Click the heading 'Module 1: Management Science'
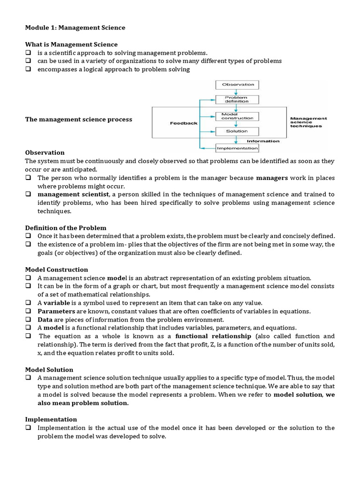pyautogui.click(x=75, y=28)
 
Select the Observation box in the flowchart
pyautogui.click(x=238, y=85)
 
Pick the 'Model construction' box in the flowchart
pyautogui.click(x=237, y=116)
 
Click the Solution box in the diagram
pyautogui.click(x=237, y=131)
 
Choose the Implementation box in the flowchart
pyautogui.click(x=237, y=148)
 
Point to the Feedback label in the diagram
pyautogui.click(x=183, y=123)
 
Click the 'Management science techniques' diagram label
pyautogui.click(x=308, y=122)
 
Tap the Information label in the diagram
pyautogui.click(x=263, y=141)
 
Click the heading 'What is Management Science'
pyautogui.click(x=71, y=45)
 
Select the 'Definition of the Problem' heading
pyautogui.click(x=66, y=228)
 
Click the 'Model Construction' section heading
pyautogui.click(x=56, y=270)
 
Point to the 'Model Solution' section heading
pyautogui.click(x=49, y=370)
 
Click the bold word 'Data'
pyautogui.click(x=45, y=319)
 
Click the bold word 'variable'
pyautogui.click(x=57, y=303)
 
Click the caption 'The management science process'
pyautogui.click(x=78, y=120)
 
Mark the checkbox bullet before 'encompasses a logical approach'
pyautogui.click(x=28, y=69)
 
